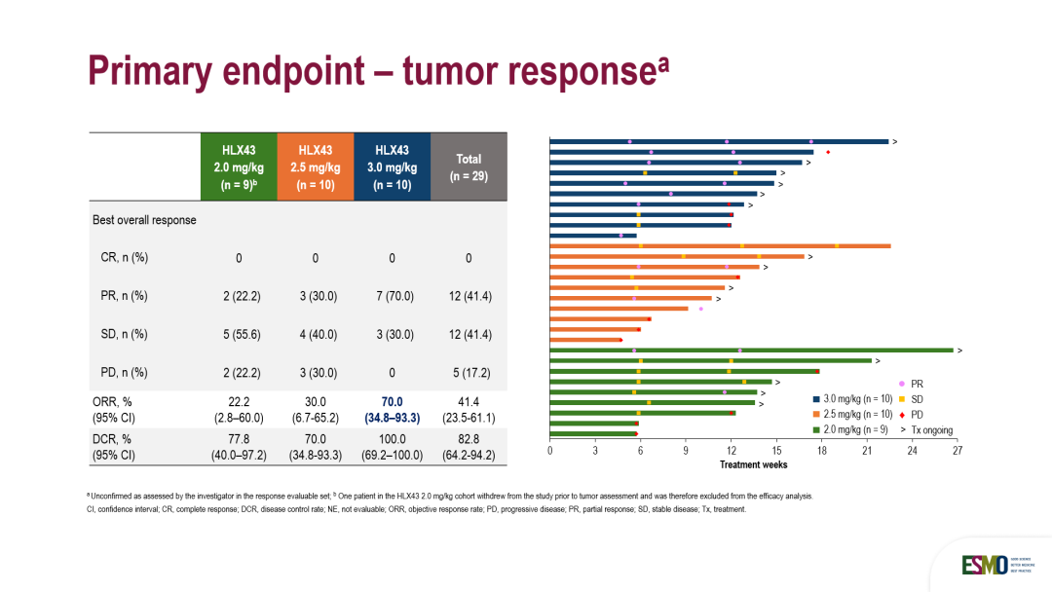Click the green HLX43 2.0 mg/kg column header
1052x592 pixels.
(239, 166)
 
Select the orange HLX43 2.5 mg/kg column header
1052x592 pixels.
(316, 166)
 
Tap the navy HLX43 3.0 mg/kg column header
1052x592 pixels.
(392, 166)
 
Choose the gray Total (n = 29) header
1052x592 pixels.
(469, 166)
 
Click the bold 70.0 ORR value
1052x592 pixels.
(392, 400)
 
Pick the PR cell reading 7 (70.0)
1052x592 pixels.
(392, 296)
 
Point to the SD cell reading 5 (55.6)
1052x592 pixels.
(239, 334)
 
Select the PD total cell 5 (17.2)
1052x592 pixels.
(469, 372)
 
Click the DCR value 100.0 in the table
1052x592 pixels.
(392, 439)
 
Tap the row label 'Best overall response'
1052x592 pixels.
(144, 220)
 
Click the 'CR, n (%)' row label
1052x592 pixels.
(118, 258)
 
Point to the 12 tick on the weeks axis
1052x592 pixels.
(732, 451)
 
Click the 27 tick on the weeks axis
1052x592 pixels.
(958, 451)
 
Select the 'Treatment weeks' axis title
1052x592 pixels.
(754, 464)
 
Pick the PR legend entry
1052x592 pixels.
(916, 384)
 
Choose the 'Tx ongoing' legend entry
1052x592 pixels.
(931, 429)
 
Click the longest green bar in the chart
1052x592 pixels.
(751, 350)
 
